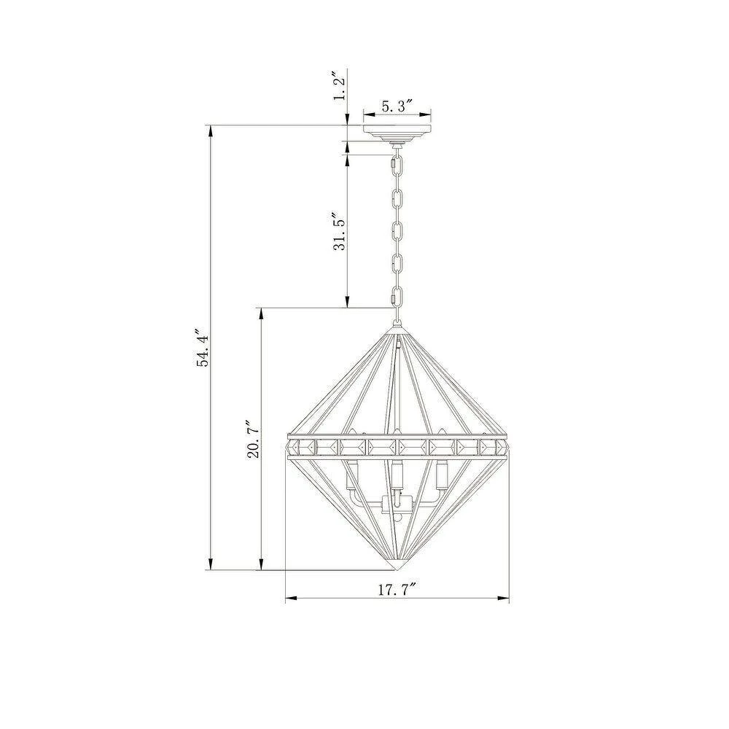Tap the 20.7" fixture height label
pyautogui.click(x=254, y=440)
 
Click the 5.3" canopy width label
pyautogui.click(x=397, y=106)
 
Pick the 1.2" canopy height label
pyautogui.click(x=340, y=85)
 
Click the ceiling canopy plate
pyautogui.click(x=397, y=133)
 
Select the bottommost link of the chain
pyautogui.click(x=396, y=297)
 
